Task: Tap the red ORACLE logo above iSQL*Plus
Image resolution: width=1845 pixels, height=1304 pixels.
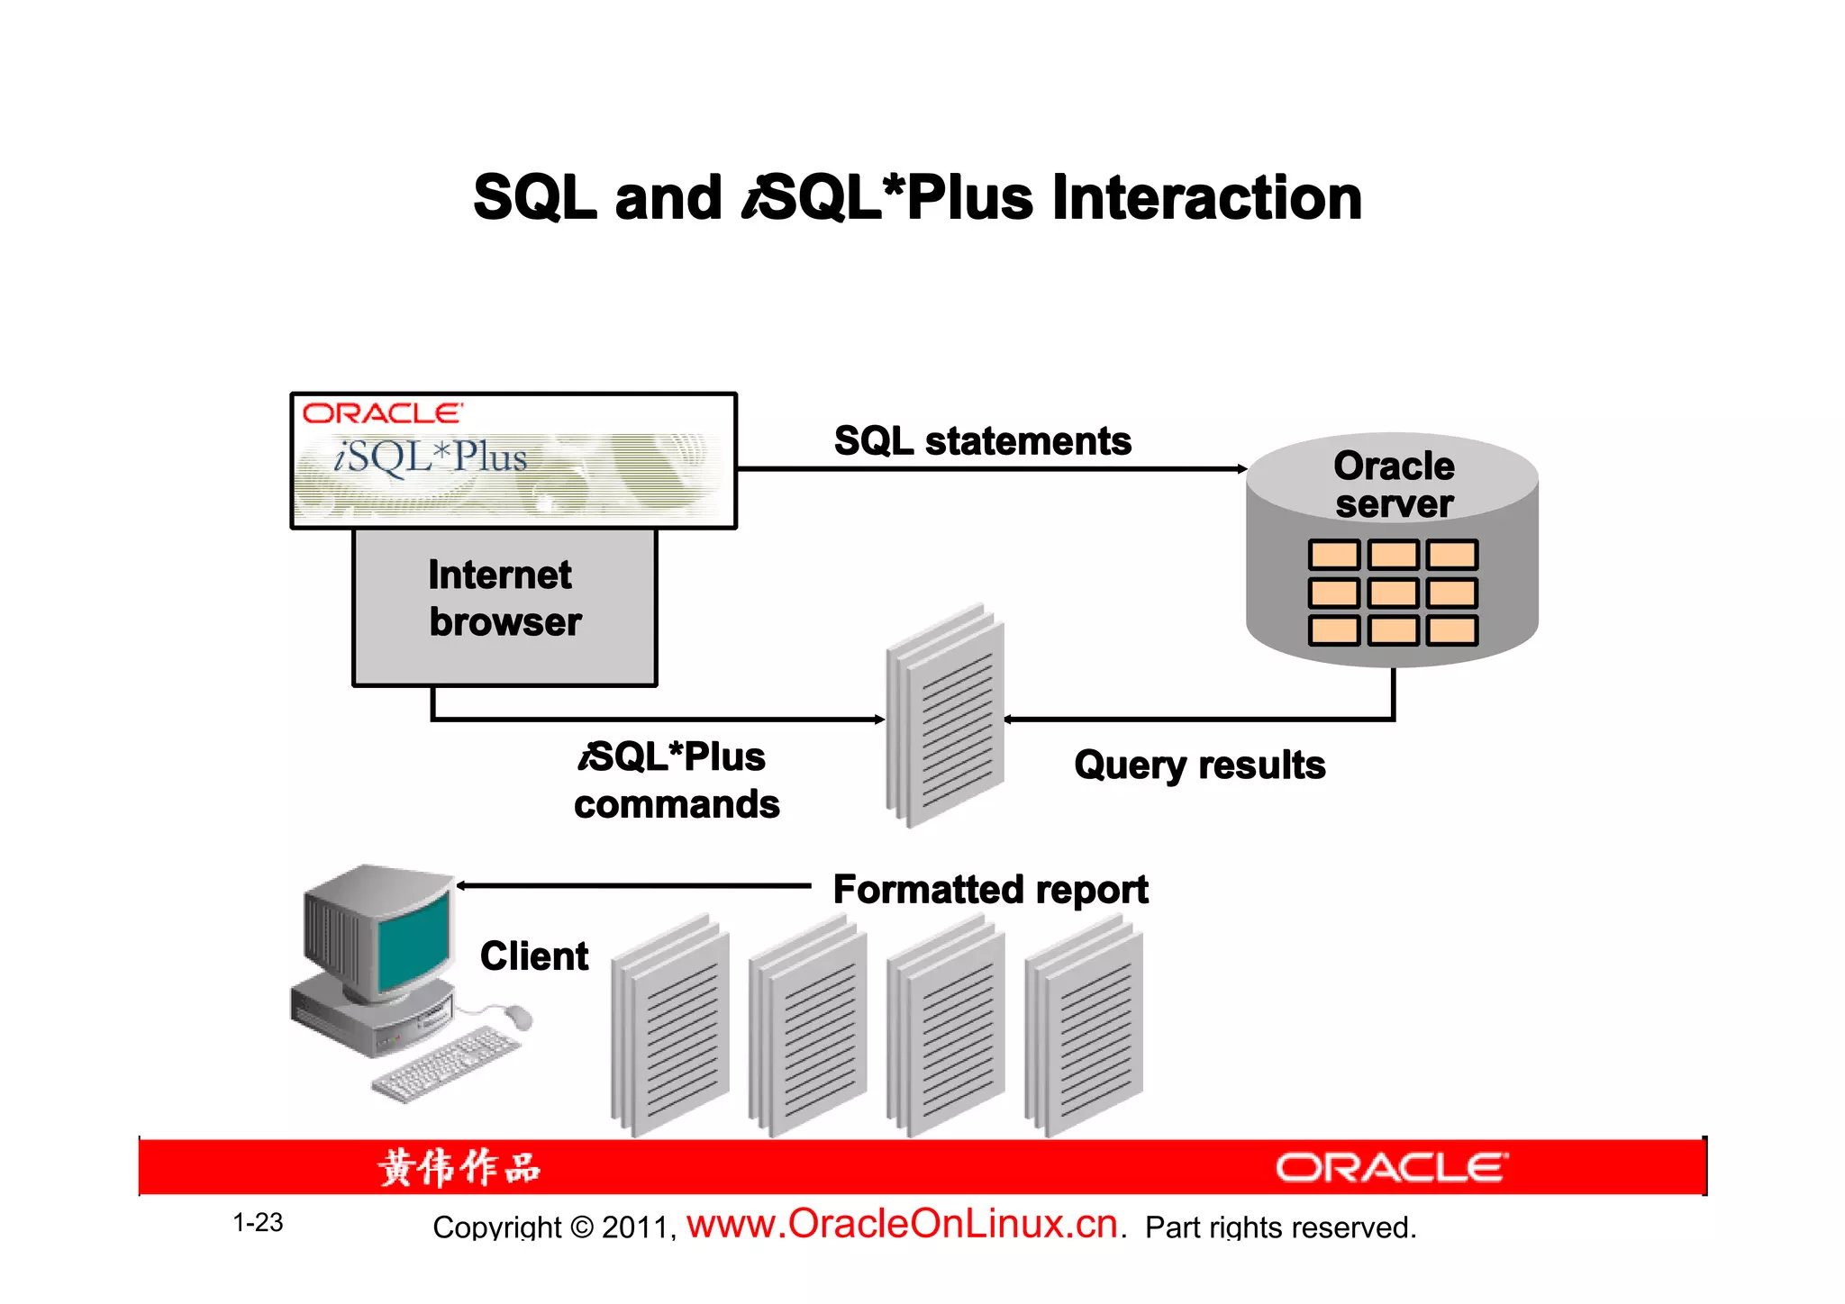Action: [382, 413]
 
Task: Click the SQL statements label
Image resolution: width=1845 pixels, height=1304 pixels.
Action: [982, 441]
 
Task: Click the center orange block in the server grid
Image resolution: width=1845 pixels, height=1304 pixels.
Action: [1393, 593]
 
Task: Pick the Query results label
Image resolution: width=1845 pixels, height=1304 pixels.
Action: [1199, 765]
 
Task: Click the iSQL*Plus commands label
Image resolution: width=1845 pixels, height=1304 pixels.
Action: [676, 780]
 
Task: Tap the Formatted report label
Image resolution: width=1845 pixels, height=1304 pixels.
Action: [990, 890]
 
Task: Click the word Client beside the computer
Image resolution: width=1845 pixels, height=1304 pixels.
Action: [534, 955]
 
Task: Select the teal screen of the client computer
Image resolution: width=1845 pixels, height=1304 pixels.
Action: [414, 941]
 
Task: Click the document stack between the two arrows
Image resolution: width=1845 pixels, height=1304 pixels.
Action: [945, 716]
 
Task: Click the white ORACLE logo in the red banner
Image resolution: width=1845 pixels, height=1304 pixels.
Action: [1391, 1168]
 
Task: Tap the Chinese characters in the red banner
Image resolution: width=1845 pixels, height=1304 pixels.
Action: [459, 1168]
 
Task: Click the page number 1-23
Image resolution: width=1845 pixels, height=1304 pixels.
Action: [258, 1223]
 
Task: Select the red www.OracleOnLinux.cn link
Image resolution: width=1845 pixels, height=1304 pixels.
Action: [902, 1224]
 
